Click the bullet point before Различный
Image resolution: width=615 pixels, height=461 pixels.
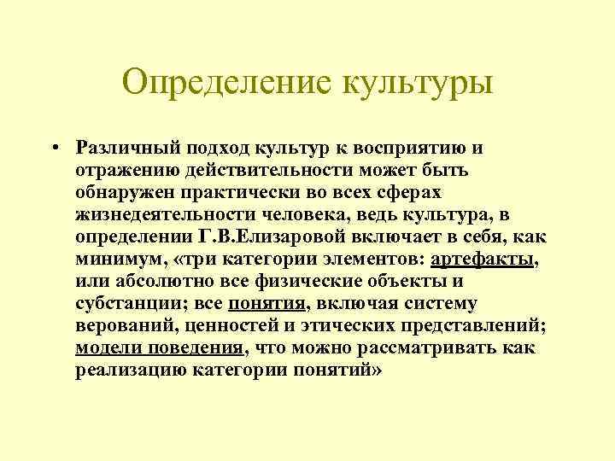(x=53, y=148)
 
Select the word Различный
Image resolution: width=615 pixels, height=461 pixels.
(x=122, y=148)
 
